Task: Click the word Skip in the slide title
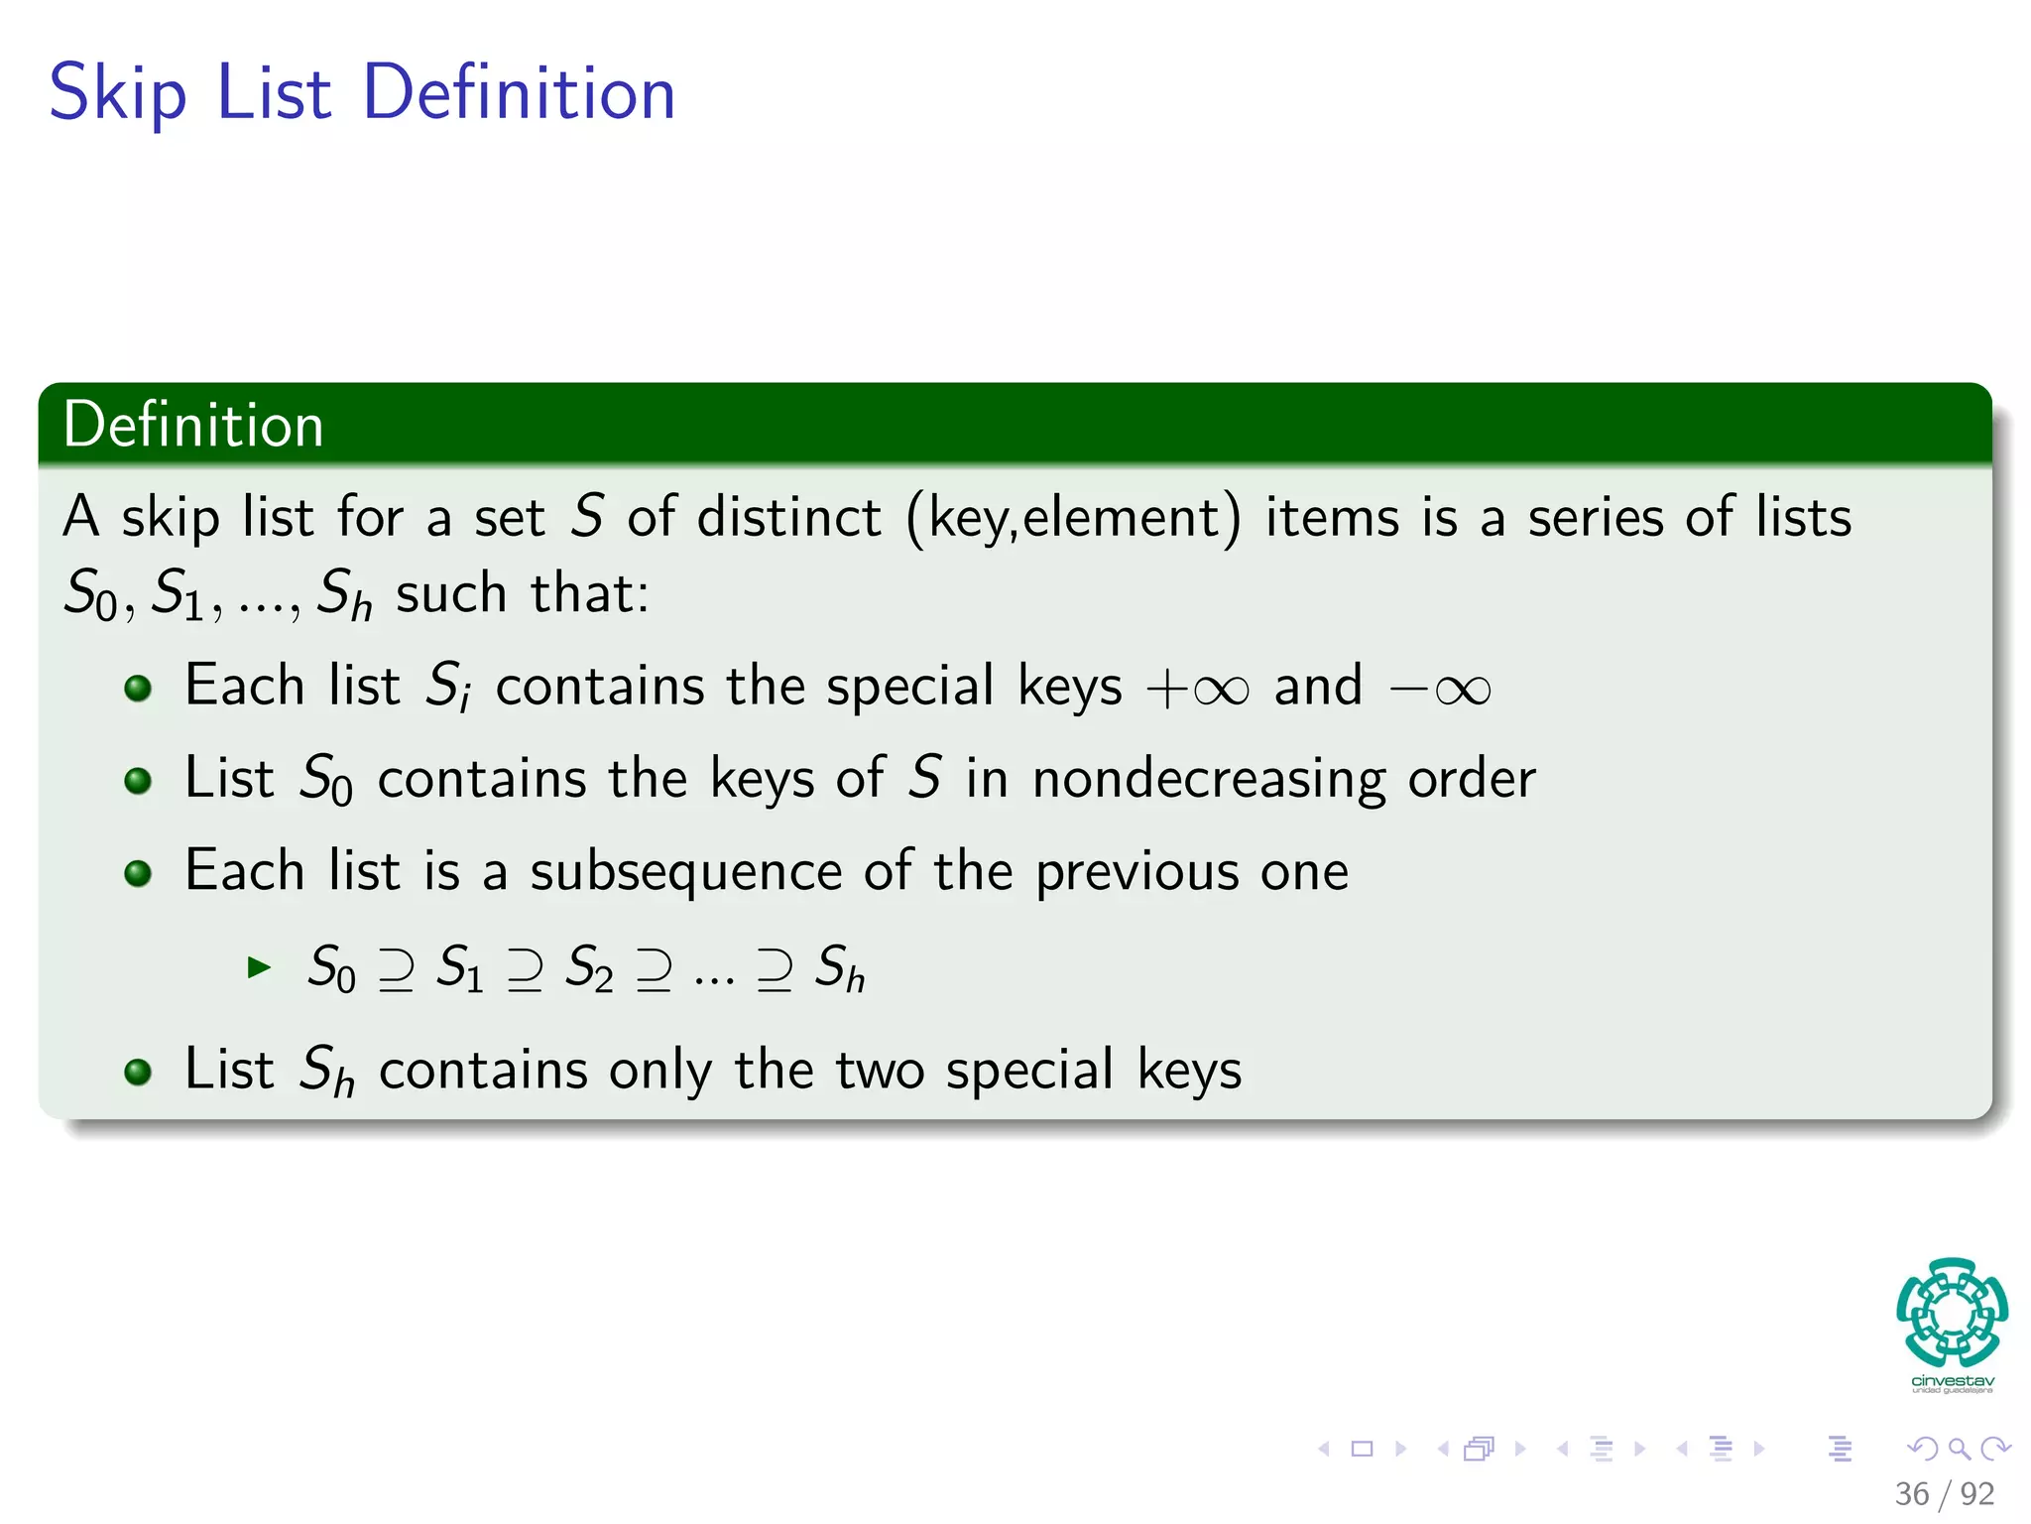[x=117, y=93]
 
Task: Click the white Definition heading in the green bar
[x=193, y=425]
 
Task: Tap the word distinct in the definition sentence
[x=788, y=517]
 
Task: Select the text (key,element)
[x=1073, y=519]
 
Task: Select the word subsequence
[x=686, y=872]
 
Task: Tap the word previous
[x=1136, y=872]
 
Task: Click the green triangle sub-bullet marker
[x=259, y=966]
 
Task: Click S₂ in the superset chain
[x=588, y=967]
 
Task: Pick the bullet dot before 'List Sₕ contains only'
[x=138, y=1072]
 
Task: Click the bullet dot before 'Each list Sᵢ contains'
[x=138, y=688]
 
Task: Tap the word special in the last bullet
[x=1029, y=1071]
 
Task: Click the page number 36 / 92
[x=1944, y=1493]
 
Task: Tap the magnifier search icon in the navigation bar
[x=1959, y=1449]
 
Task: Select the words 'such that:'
[x=522, y=593]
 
